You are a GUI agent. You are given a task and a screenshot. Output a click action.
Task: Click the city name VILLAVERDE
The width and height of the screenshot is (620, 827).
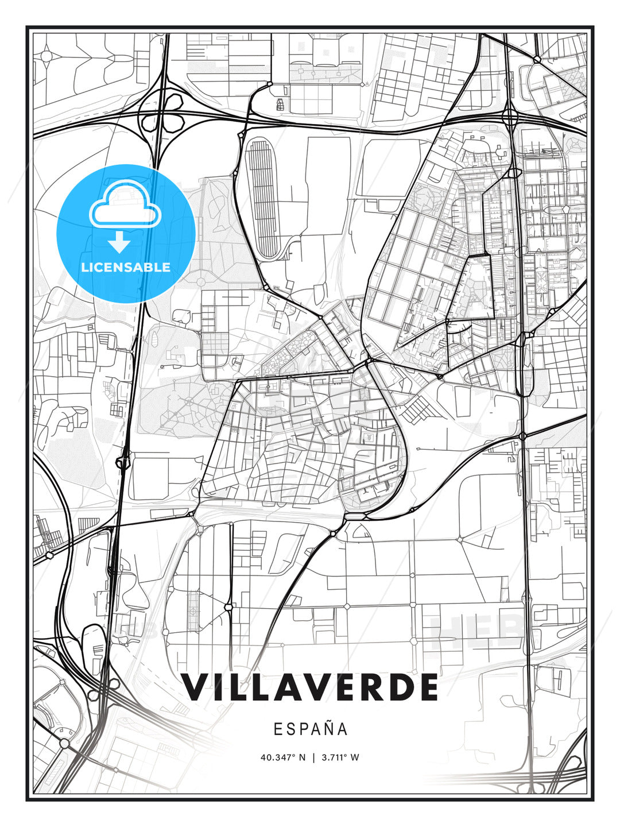point(310,687)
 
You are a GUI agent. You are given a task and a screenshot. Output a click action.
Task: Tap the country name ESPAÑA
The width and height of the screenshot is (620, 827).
point(310,729)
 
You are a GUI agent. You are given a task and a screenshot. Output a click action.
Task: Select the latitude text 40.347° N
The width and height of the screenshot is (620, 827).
point(283,757)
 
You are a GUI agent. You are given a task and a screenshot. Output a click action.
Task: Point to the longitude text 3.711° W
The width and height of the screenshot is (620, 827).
point(339,757)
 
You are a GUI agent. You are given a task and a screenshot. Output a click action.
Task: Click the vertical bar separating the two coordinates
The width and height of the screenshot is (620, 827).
point(313,757)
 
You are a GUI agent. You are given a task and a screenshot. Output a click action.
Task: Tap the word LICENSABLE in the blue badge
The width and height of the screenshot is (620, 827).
point(126,267)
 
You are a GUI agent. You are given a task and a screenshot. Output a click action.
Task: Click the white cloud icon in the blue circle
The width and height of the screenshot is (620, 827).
point(123,205)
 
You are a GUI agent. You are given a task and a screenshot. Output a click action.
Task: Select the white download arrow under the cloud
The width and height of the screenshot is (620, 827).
point(119,243)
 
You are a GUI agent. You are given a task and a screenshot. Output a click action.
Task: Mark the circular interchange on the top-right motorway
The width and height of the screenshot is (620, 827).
point(510,117)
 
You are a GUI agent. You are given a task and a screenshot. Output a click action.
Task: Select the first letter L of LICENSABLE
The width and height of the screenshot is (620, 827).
point(84,267)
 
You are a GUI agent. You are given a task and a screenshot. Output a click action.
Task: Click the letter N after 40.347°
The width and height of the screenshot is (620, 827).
point(303,757)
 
